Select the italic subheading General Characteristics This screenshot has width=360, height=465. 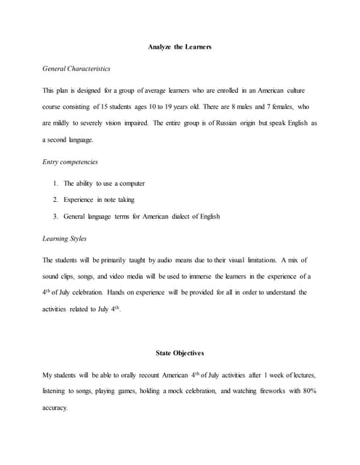pos(76,69)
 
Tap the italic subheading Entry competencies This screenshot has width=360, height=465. pos(71,162)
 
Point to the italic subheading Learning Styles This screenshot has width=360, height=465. pos(65,238)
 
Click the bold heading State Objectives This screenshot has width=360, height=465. pos(180,353)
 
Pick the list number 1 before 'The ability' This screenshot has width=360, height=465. pos(55,183)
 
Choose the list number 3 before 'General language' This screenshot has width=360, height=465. pos(55,217)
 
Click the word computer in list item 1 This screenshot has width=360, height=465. pos(131,183)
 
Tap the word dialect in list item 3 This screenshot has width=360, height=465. pos(182,217)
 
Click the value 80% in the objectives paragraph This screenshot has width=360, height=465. pos(308,391)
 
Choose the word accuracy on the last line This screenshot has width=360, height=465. pos(55,408)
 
